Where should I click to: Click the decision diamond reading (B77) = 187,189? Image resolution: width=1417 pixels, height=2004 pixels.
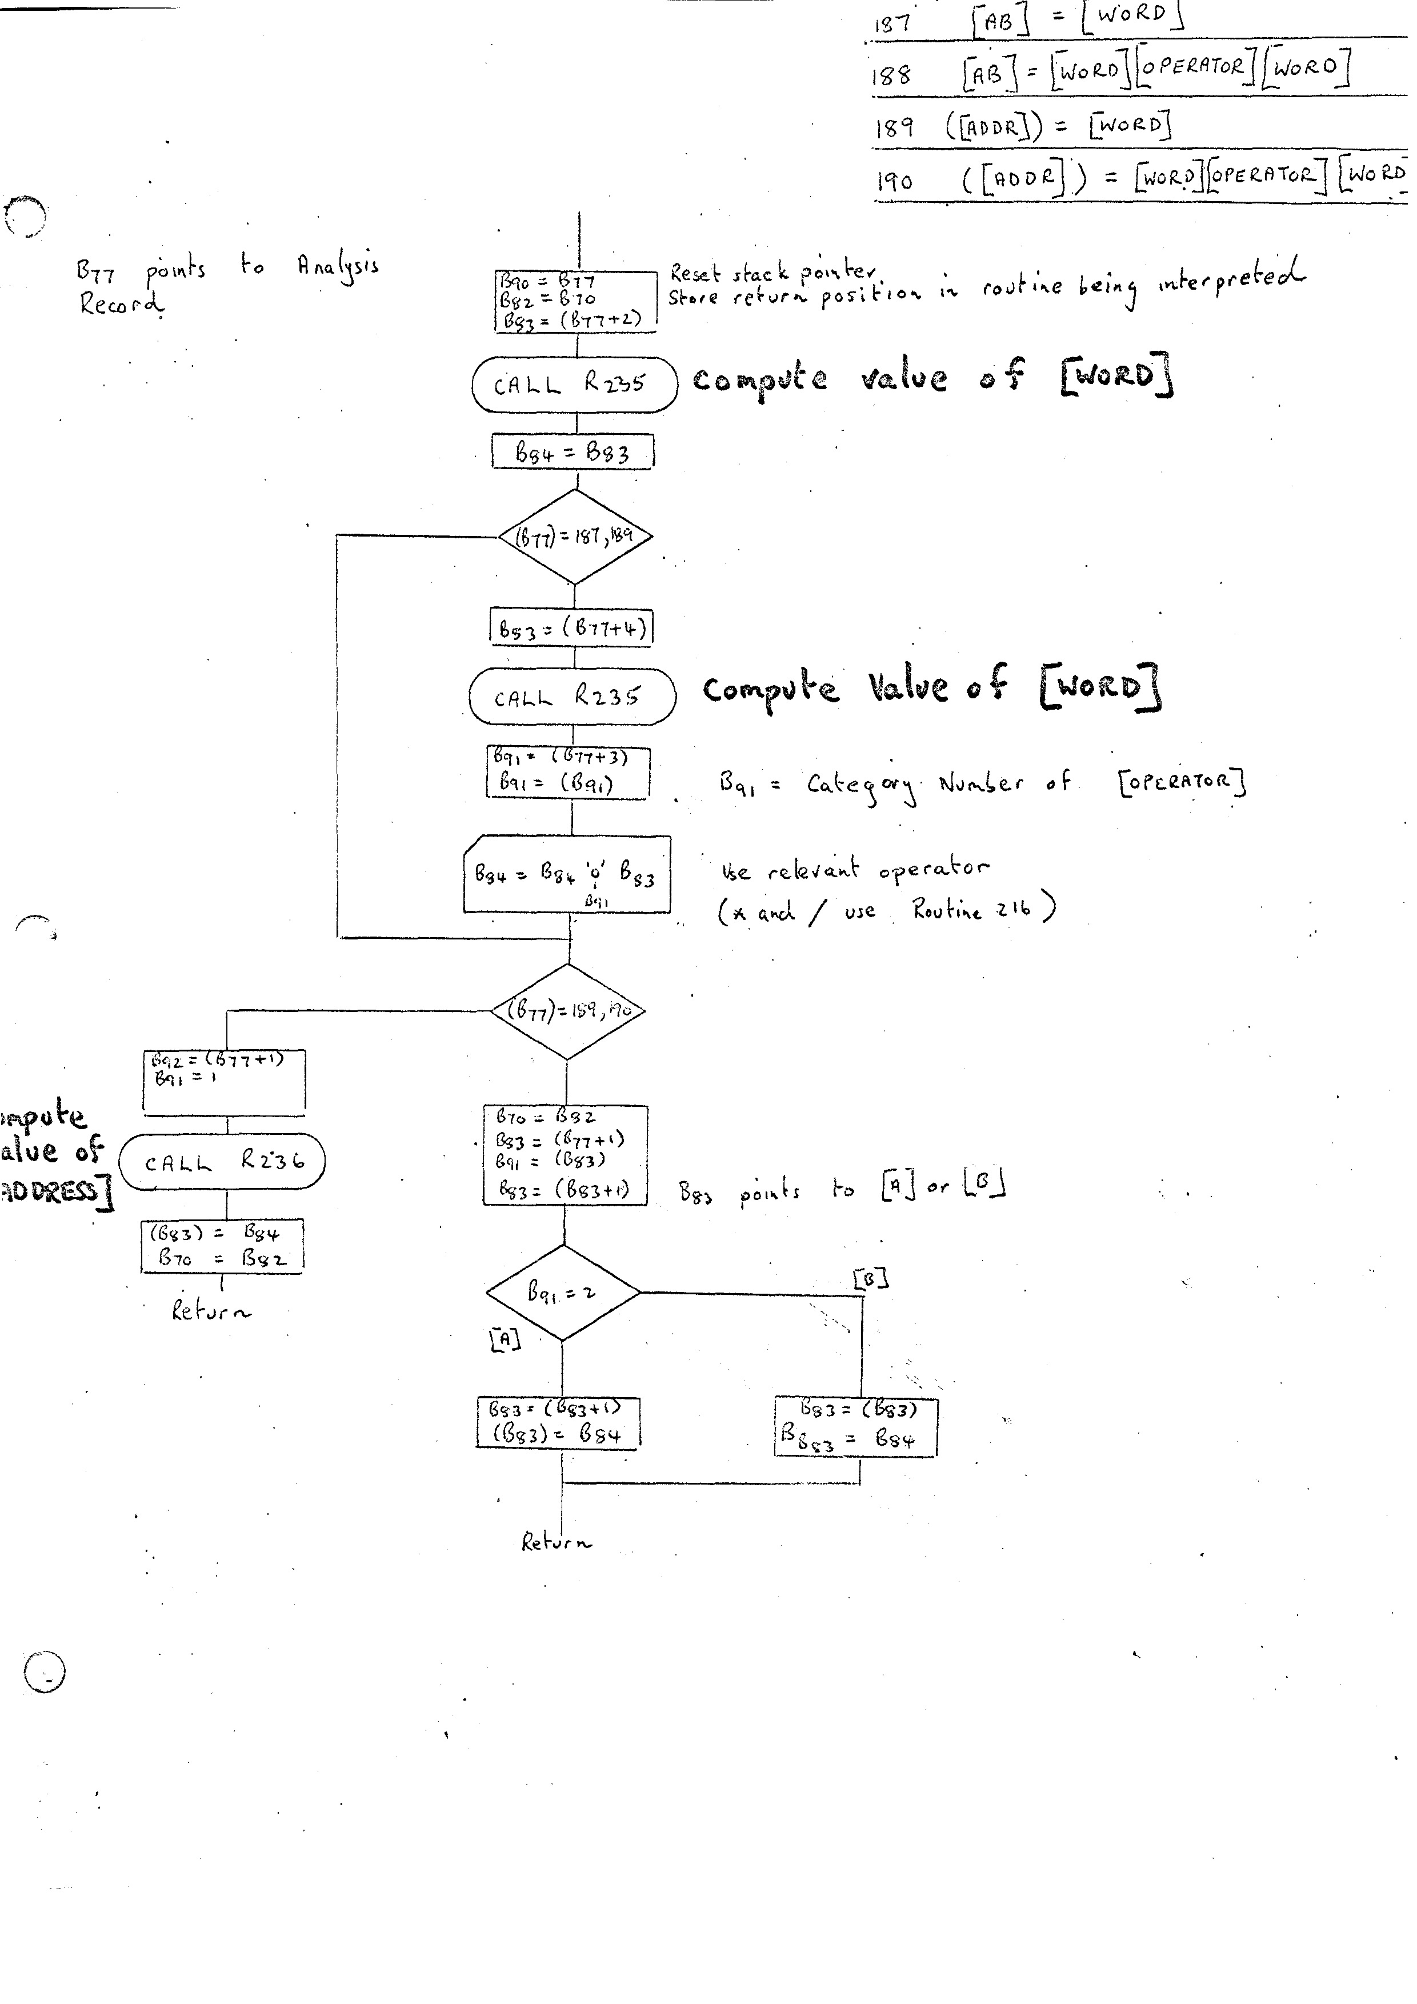coord(575,536)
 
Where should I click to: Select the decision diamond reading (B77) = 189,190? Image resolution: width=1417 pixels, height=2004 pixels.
coord(568,1011)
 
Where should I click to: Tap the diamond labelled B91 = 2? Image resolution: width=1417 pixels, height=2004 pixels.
coord(563,1293)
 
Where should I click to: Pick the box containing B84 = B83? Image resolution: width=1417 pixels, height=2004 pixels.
coord(573,452)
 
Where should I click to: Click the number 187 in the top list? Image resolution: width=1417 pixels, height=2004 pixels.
coord(892,23)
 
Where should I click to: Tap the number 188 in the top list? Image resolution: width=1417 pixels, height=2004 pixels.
coord(891,76)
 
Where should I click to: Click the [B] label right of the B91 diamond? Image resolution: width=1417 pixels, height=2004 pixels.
coord(870,1279)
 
